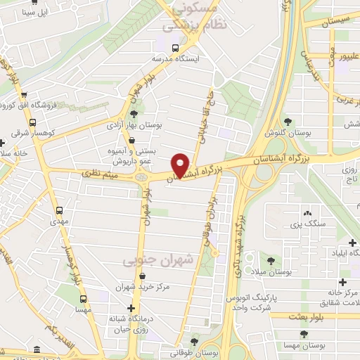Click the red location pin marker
coord(181,165)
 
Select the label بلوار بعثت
coord(318,317)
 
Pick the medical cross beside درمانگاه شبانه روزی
coord(131,308)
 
